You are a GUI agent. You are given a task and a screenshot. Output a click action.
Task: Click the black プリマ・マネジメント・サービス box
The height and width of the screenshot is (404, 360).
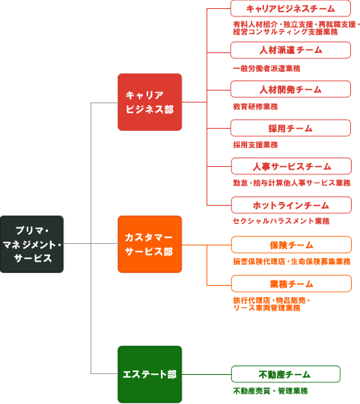(31, 244)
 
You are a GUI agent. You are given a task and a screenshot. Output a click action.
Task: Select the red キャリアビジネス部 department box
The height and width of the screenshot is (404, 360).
(150, 102)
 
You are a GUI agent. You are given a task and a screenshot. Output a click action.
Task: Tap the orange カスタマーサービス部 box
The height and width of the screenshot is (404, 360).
(150, 244)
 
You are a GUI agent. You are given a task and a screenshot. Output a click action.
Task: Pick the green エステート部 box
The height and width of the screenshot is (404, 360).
(150, 374)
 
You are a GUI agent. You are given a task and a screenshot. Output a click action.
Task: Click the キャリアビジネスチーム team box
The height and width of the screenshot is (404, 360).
(290, 8)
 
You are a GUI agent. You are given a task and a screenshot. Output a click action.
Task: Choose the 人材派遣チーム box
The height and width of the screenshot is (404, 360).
(290, 50)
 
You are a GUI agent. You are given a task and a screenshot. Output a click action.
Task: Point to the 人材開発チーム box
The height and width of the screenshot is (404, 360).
(290, 89)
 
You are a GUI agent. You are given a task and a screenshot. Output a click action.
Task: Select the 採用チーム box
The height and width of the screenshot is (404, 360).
(290, 128)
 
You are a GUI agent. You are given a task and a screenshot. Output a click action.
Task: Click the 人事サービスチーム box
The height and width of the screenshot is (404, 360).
(291, 166)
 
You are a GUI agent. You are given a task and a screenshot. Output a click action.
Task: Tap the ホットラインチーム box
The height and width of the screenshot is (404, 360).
(291, 205)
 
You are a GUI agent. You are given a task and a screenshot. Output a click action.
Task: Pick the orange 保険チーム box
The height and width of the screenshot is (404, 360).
(291, 245)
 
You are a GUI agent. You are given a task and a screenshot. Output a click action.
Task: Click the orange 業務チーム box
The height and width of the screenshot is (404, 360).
(291, 284)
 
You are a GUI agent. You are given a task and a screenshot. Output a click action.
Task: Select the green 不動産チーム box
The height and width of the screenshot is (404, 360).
(286, 374)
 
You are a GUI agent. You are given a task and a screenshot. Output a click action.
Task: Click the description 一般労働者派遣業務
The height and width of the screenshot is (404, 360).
(266, 69)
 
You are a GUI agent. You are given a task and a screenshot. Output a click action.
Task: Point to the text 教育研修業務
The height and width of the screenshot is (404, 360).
(255, 107)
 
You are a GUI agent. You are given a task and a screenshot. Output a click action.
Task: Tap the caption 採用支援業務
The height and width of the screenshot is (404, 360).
(255, 145)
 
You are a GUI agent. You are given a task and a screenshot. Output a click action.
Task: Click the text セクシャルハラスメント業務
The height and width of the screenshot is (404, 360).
(281, 221)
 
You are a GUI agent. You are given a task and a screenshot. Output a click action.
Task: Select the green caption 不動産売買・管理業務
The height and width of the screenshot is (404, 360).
(271, 391)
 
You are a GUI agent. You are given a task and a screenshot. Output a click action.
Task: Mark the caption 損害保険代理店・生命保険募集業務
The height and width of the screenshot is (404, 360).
(292, 262)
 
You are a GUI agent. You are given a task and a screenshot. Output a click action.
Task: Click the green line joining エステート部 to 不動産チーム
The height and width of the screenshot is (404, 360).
(207, 374)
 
